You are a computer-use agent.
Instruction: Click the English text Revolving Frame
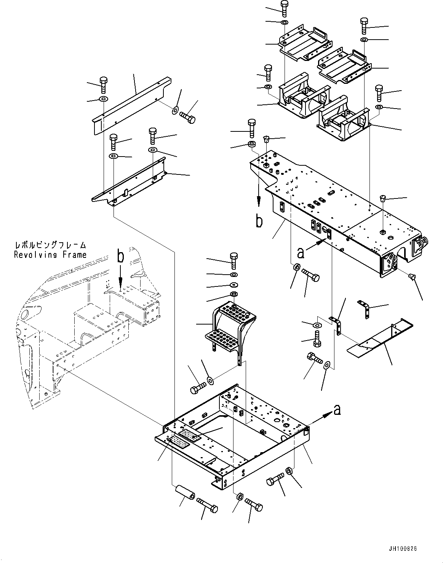pos(50,255)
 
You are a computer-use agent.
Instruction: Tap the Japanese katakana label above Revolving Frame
pos(50,245)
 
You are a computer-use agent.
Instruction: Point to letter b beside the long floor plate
pos(259,221)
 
